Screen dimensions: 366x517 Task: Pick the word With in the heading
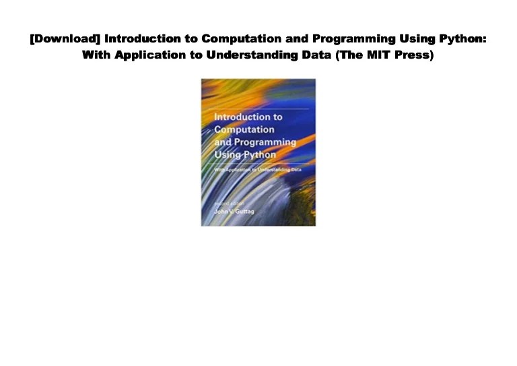pos(95,55)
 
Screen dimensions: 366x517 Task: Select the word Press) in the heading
pos(415,55)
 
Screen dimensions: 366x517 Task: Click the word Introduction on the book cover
pos(248,117)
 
